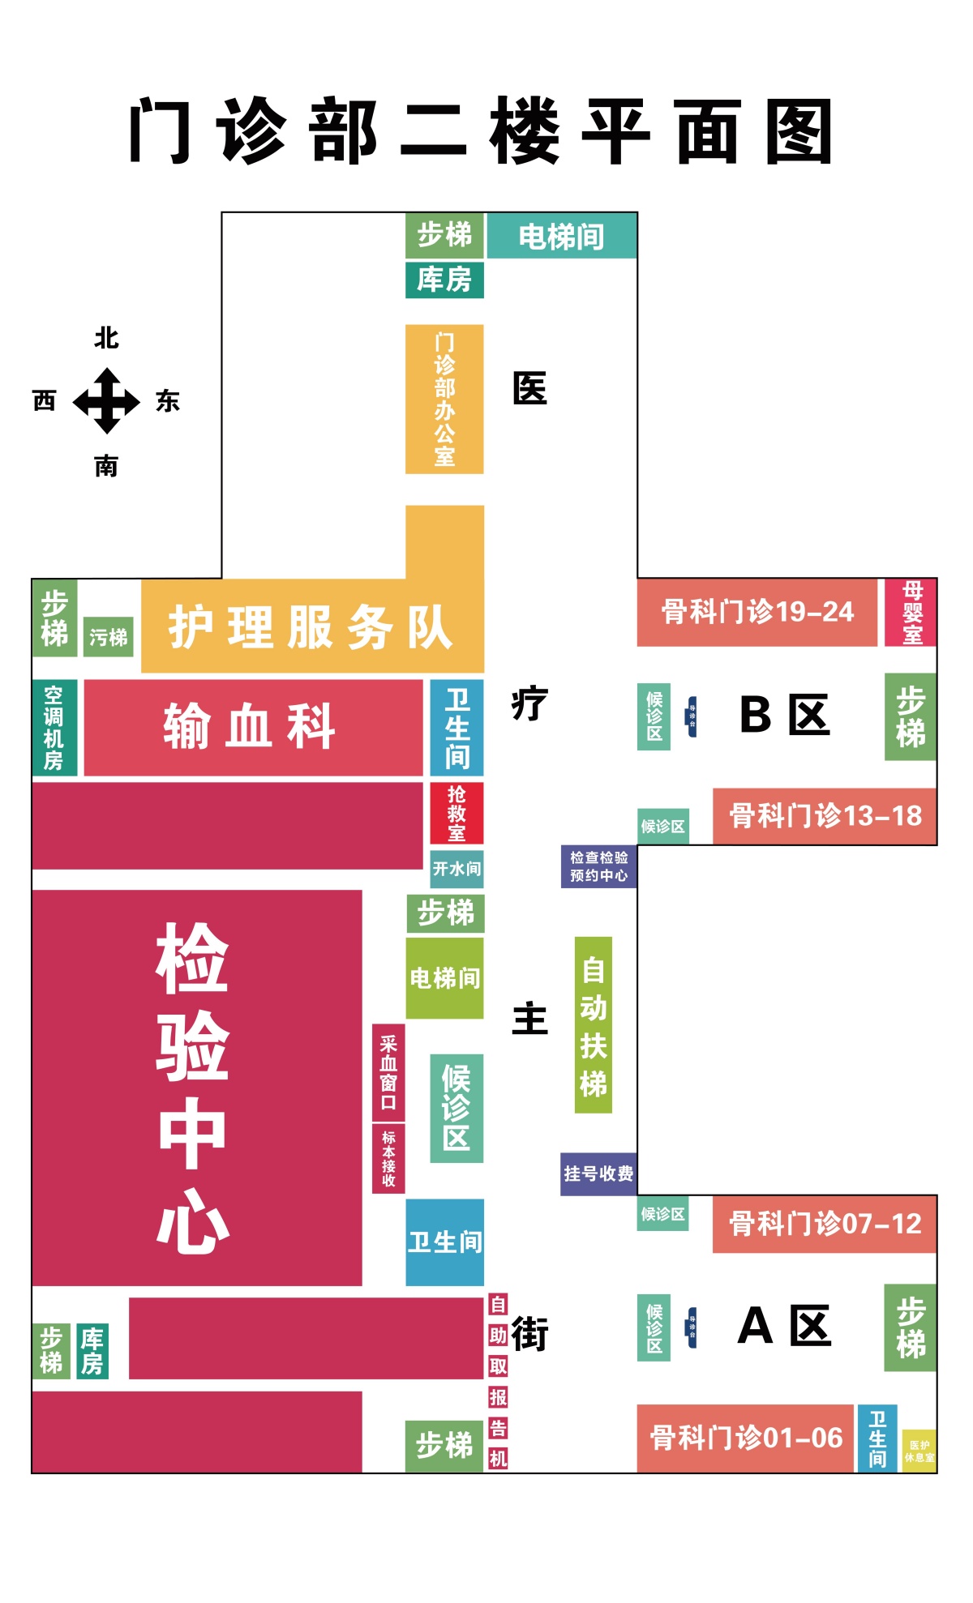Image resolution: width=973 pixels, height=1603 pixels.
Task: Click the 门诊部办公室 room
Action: pyautogui.click(x=444, y=399)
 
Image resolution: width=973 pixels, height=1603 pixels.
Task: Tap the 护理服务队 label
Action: pyautogui.click(x=311, y=626)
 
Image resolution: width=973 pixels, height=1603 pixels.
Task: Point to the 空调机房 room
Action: pyautogui.click(x=54, y=727)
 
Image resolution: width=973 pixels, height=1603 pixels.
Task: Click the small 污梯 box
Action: pyautogui.click(x=108, y=637)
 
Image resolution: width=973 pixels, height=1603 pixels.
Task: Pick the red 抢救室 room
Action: pyautogui.click(x=456, y=813)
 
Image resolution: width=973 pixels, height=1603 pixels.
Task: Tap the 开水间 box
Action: pyautogui.click(x=456, y=869)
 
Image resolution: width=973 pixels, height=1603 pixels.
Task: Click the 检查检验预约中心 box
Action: pyautogui.click(x=598, y=866)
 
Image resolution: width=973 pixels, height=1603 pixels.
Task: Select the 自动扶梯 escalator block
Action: pyautogui.click(x=593, y=1025)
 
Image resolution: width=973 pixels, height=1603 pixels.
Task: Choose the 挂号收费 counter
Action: pyautogui.click(x=598, y=1173)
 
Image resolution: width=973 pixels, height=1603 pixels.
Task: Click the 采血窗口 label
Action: pyautogui.click(x=388, y=1071)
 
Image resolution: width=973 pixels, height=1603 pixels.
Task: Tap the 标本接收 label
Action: pyautogui.click(x=388, y=1158)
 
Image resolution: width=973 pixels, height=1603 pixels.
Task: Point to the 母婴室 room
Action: pyautogui.click(x=912, y=613)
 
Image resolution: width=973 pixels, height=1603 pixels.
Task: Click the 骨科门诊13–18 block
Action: pyautogui.click(x=825, y=816)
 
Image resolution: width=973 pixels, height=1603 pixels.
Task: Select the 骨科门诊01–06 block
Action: pyautogui.click(x=746, y=1438)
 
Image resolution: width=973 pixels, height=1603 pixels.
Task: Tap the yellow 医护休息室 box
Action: pyautogui.click(x=919, y=1451)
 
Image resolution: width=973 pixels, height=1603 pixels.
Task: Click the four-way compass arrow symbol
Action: pyautogui.click(x=106, y=401)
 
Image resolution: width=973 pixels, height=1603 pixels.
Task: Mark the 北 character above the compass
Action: pyautogui.click(x=106, y=338)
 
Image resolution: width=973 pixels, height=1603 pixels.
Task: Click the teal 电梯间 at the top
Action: pyautogui.click(x=561, y=236)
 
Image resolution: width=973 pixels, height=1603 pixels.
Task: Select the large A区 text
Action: pyautogui.click(x=784, y=1327)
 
